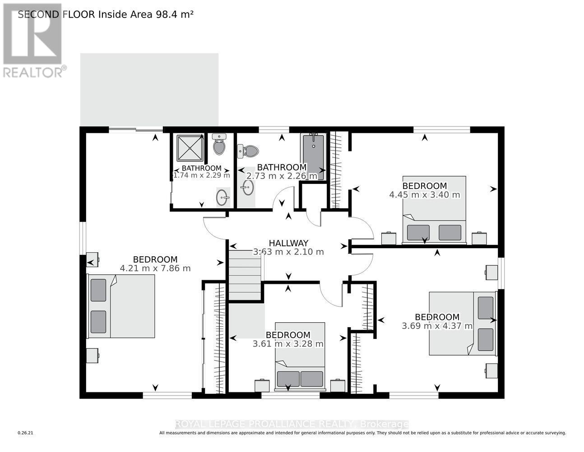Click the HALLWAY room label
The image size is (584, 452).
[288, 243]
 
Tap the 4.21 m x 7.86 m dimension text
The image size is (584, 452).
[155, 268]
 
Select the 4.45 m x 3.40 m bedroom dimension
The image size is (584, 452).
[424, 195]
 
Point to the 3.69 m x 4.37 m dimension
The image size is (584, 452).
[437, 326]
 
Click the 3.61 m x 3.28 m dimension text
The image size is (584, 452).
[288, 344]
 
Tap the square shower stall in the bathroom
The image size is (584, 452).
[190, 147]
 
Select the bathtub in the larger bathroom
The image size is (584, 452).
[314, 156]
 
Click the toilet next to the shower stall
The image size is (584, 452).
[219, 145]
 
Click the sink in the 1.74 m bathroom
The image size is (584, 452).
[222, 197]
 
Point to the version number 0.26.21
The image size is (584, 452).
[25, 433]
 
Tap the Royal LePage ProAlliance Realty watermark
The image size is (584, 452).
[292, 424]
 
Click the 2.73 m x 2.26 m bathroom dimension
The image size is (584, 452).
[282, 176]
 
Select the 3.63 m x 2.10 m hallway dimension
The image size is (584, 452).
[288, 252]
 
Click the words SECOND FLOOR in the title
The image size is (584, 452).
[56, 14]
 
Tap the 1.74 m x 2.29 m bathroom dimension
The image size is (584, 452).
[202, 175]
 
